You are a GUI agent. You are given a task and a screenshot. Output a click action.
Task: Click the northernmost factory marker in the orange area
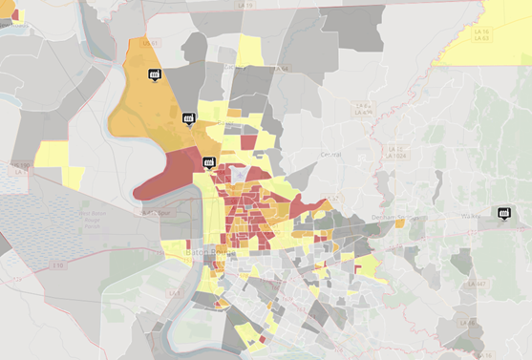(153, 74)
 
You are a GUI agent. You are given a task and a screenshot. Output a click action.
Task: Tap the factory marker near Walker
(503, 212)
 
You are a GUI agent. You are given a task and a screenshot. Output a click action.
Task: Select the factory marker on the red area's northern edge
(208, 161)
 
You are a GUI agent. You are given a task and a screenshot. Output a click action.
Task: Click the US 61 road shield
(147, 43)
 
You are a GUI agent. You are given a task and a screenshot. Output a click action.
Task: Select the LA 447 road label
(479, 284)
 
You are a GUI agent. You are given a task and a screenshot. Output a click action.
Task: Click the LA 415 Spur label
(153, 212)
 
